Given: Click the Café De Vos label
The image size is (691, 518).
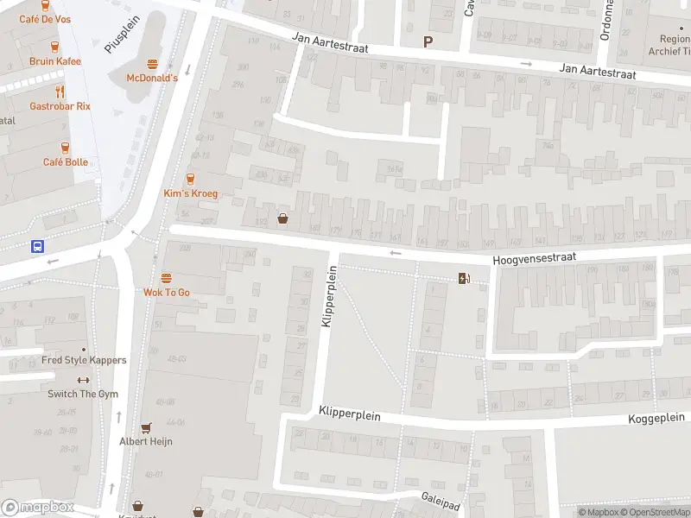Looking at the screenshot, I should pyautogui.click(x=45, y=19).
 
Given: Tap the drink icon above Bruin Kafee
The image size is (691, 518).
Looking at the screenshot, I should pyautogui.click(x=54, y=47).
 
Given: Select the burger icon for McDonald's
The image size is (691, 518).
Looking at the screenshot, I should pyautogui.click(x=152, y=64).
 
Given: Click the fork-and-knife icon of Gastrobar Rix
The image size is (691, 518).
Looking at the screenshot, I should pyautogui.click(x=60, y=92).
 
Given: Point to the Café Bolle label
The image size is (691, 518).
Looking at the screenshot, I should pyautogui.click(x=66, y=162).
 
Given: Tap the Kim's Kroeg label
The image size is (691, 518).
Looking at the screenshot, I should pyautogui.click(x=191, y=193).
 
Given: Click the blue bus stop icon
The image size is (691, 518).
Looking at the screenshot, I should pyautogui.click(x=38, y=246).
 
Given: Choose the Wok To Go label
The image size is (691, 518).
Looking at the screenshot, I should pyautogui.click(x=167, y=293).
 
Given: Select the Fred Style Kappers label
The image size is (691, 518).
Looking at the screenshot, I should pyautogui.click(x=84, y=360).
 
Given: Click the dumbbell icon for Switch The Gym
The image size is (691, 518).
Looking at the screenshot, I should pyautogui.click(x=83, y=380).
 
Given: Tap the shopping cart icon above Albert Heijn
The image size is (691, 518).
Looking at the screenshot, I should pyautogui.click(x=146, y=427).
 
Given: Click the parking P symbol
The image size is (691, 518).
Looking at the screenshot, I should pyautogui.click(x=427, y=41).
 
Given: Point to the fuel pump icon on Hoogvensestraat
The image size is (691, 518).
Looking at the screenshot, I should pyautogui.click(x=465, y=277).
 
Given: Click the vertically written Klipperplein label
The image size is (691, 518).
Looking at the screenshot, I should pyautogui.click(x=327, y=296).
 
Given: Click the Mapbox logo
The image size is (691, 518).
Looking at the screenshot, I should pyautogui.click(x=37, y=508).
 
